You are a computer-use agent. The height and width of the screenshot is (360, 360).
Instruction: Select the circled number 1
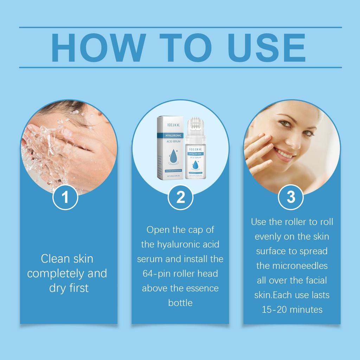[x=65, y=198]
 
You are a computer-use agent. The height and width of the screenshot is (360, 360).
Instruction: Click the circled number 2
[x=180, y=198]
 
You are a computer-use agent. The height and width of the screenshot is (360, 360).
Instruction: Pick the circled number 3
[x=291, y=198]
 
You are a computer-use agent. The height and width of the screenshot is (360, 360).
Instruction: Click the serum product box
[x=170, y=148]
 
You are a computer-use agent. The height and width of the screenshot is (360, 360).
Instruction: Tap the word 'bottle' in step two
[x=180, y=303]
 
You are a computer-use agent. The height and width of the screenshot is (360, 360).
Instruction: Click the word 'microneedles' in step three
[x=292, y=266]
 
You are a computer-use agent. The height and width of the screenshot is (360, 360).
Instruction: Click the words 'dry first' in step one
[x=69, y=288]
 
